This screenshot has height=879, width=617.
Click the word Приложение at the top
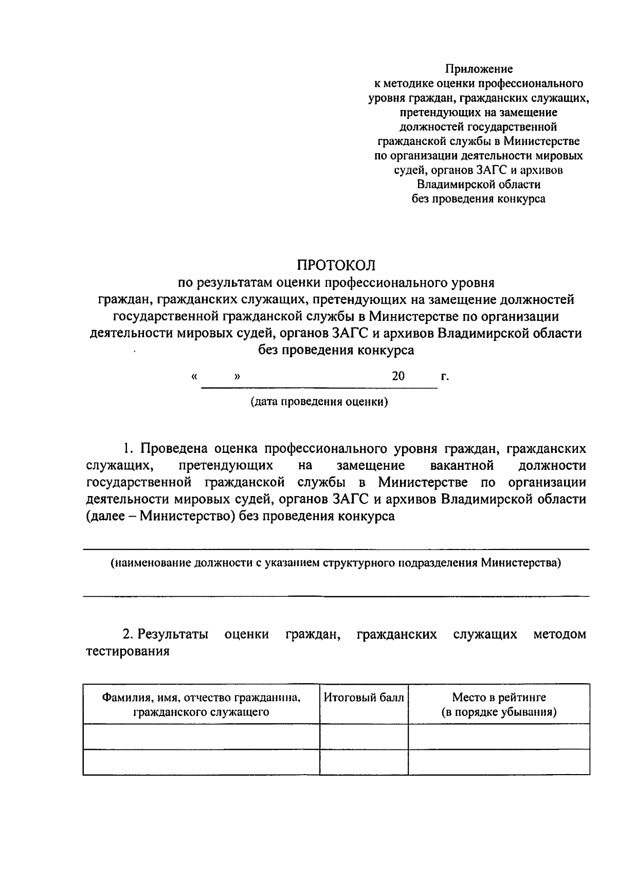coord(479,68)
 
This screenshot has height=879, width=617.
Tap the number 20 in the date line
coord(398,376)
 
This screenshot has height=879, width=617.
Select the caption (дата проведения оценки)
coord(319,401)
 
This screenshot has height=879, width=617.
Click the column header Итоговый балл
coord(364,698)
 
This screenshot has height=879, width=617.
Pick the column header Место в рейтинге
coord(499,698)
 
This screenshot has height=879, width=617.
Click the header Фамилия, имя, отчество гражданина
coord(201,698)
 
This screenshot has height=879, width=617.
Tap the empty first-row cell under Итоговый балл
coord(364,736)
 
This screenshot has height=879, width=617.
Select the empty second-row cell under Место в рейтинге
coord(499,762)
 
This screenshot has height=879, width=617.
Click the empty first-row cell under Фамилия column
coord(201,736)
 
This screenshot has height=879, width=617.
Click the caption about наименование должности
coord(336,563)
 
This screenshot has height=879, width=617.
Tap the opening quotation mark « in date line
coord(194,376)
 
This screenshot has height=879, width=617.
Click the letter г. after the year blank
coord(445,377)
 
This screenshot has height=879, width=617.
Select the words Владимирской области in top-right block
coord(479,184)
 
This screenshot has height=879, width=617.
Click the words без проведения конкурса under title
coord(336,351)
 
